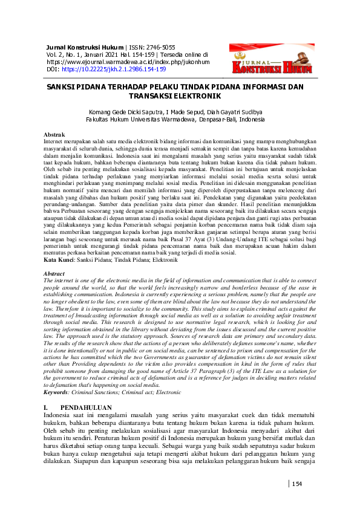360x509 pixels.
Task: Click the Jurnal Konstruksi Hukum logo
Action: point(272,60)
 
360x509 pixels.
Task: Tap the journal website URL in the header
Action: point(128,62)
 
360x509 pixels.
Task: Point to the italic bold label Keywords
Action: point(60,376)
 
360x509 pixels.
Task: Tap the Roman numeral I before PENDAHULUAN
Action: point(46,392)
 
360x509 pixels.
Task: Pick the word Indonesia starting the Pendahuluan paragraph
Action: point(61,399)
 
